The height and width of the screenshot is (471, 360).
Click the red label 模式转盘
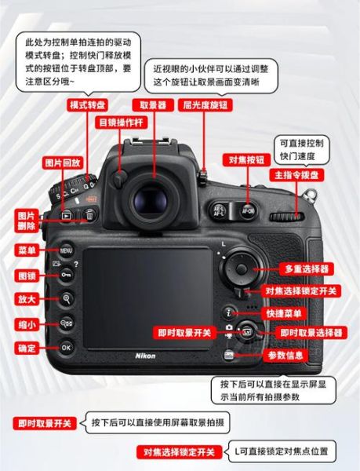click(x=88, y=104)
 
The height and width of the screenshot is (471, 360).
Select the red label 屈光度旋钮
click(x=205, y=104)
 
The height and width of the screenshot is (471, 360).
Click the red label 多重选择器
click(x=307, y=268)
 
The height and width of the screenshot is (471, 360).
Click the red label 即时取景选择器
click(x=311, y=333)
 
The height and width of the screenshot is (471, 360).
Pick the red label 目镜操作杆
click(x=120, y=123)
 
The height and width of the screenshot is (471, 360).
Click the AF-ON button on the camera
click(x=248, y=210)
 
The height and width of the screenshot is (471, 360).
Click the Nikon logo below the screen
click(x=145, y=356)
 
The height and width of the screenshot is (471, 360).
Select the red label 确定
click(x=27, y=346)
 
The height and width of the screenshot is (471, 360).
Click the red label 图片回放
click(x=61, y=162)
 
